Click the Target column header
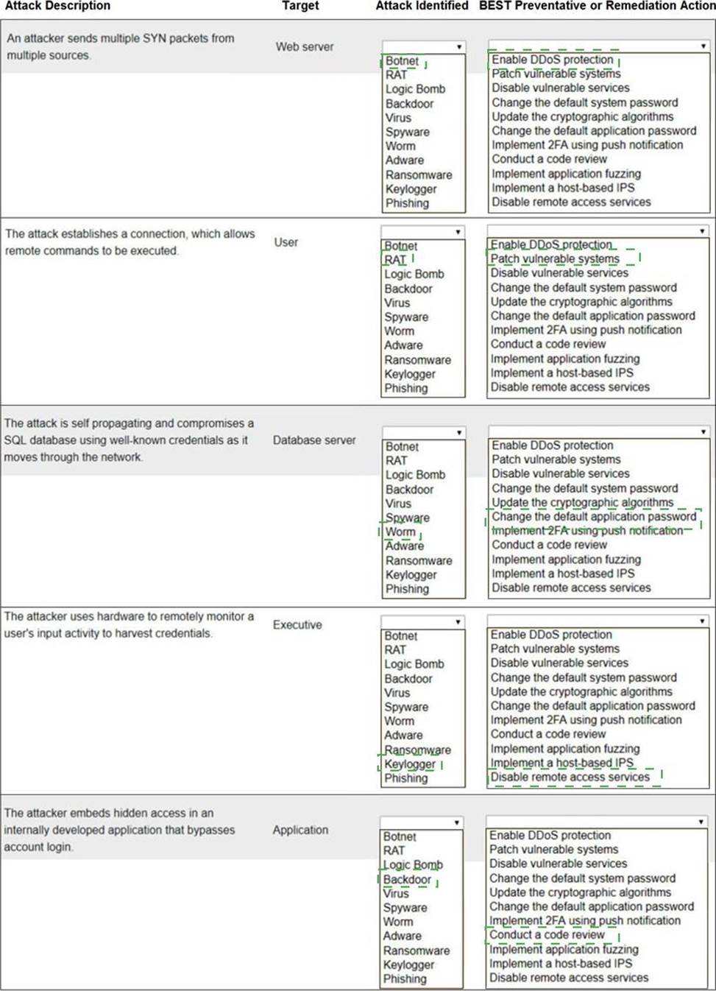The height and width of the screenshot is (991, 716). (x=300, y=6)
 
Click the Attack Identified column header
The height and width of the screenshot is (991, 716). (x=422, y=6)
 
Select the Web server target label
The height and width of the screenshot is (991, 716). (x=305, y=46)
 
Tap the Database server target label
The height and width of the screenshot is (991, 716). (x=314, y=440)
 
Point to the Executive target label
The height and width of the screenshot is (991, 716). (x=297, y=624)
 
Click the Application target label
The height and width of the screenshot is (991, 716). (x=300, y=830)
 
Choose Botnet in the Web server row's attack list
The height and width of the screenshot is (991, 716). (x=402, y=61)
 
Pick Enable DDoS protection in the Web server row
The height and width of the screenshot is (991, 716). (x=552, y=60)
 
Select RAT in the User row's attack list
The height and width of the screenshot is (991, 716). (x=395, y=260)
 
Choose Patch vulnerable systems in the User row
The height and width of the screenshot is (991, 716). (x=555, y=258)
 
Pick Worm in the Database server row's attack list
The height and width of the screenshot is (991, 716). (x=400, y=532)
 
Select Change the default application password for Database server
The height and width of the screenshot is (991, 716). (x=594, y=517)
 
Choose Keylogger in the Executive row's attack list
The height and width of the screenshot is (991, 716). (x=410, y=764)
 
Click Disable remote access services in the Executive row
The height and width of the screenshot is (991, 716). (x=570, y=777)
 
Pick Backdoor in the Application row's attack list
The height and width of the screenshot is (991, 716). (x=407, y=879)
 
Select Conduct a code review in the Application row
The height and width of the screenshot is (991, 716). (x=547, y=935)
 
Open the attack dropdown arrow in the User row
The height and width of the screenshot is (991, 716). (x=458, y=232)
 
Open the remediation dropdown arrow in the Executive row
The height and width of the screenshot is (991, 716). (x=702, y=621)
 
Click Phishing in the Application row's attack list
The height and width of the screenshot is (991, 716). (x=405, y=978)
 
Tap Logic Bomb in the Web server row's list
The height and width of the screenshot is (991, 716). (x=415, y=89)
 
